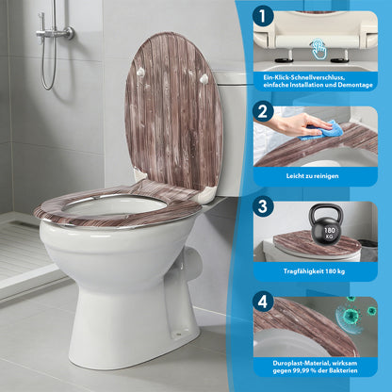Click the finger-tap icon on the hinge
click(318, 41)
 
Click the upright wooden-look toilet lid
click(174, 104)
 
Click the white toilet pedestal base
click(141, 320)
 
